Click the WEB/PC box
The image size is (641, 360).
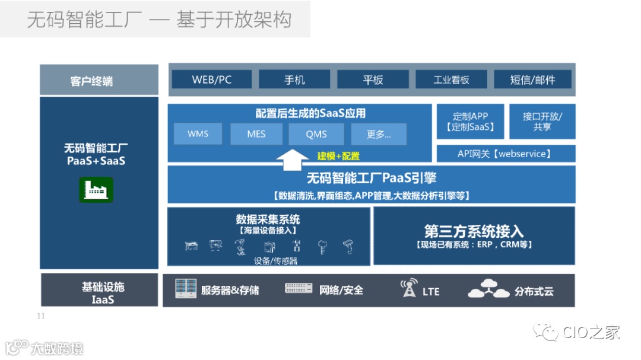pos(211,79)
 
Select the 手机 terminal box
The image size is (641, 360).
pos(294,79)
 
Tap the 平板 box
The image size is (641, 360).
pos(373,79)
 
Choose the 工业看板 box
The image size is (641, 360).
pos(451,79)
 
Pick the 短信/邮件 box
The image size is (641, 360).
pos(532,79)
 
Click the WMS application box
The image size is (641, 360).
pos(198,134)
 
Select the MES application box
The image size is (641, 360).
pos(256,134)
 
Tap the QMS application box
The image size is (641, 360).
pos(316,134)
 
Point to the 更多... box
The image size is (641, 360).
pos(379,134)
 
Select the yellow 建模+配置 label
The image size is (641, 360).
pos(338,156)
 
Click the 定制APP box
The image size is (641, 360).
pos(470,122)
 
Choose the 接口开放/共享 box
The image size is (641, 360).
pos(542,122)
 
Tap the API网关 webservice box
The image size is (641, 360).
pos(506,154)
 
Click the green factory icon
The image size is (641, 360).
pos(96,190)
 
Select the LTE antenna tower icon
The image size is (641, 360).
pos(409,289)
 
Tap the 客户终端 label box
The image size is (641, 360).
pos(99,80)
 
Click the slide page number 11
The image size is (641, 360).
pos(41,316)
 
